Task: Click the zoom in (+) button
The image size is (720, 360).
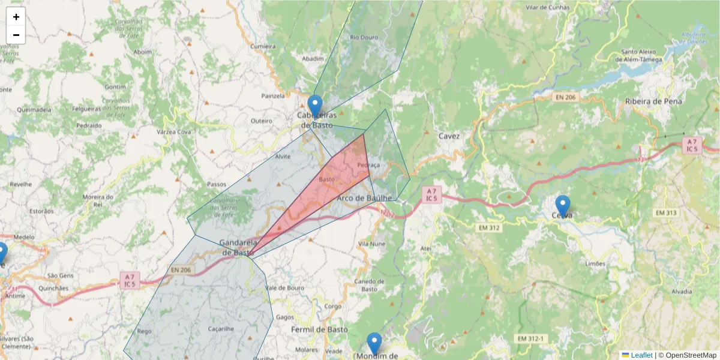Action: (16, 17)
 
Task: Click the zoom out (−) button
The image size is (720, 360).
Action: (16, 35)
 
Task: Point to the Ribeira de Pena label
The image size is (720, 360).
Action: (653, 101)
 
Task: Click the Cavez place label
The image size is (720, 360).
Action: (449, 136)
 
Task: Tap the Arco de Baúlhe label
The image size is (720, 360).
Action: (364, 197)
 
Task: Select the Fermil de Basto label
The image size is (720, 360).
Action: (319, 329)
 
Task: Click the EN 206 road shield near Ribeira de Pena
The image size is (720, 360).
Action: (565, 97)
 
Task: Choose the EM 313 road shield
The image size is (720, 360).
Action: (666, 213)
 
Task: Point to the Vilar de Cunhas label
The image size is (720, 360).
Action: (547, 7)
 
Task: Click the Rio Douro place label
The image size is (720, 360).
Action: (364, 37)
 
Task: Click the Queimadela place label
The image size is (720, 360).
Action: (34, 110)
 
